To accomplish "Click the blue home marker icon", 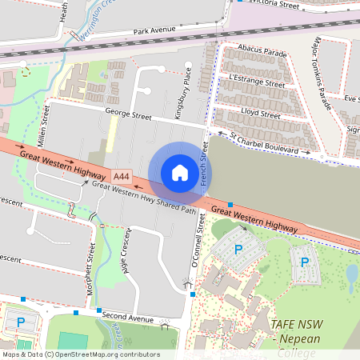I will [180, 172].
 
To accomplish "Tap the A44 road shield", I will [122, 176].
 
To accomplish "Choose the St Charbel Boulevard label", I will [270, 144].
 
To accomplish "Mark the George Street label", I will [128, 116].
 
